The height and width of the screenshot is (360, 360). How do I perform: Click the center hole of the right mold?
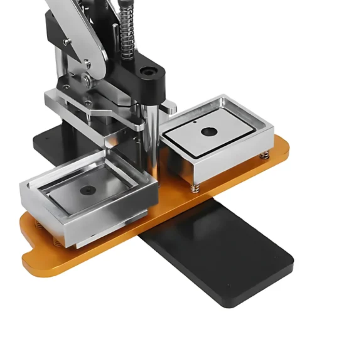click(209, 132)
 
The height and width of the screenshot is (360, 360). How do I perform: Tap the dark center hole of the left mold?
click(88, 190)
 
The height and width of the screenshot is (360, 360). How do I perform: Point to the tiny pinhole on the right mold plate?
click(195, 122)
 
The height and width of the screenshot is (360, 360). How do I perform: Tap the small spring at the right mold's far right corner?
click(265, 154)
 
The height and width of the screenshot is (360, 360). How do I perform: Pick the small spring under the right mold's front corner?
click(195, 188)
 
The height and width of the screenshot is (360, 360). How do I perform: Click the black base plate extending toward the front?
click(225, 255)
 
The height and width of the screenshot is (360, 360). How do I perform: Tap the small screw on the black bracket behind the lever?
click(67, 42)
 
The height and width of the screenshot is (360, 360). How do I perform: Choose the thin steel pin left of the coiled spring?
click(115, 34)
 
